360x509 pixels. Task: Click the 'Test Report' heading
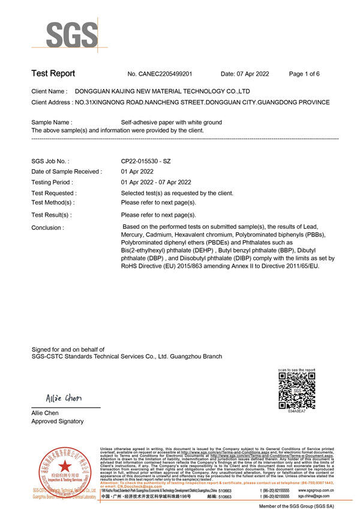pos(53,74)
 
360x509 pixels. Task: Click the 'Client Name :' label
pos(49,91)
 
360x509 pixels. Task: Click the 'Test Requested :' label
pos(54,193)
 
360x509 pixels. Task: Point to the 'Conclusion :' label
pos(47,227)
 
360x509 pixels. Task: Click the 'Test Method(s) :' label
pos(53,202)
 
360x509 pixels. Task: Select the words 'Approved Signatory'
pos(58,421)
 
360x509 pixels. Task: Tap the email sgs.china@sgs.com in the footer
pos(313,496)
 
